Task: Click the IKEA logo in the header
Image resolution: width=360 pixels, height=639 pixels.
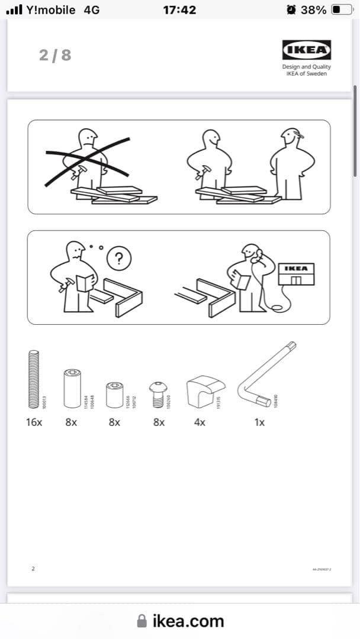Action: click(x=307, y=50)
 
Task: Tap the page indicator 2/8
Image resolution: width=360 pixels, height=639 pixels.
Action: click(x=55, y=55)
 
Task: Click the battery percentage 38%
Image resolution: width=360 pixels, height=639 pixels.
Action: click(x=314, y=9)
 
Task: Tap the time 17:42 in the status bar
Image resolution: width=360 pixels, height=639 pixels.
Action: click(x=179, y=9)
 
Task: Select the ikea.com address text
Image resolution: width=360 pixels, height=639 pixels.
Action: click(x=188, y=621)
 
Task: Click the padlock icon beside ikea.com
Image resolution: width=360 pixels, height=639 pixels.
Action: click(x=142, y=620)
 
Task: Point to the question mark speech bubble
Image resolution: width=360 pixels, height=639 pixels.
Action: click(x=121, y=258)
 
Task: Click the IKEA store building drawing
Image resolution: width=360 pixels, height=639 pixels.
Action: click(x=297, y=275)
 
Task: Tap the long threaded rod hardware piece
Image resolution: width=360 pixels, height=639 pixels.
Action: click(x=34, y=379)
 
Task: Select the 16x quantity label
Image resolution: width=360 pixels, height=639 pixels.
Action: click(x=34, y=422)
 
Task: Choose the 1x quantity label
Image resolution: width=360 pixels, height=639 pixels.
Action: click(x=259, y=422)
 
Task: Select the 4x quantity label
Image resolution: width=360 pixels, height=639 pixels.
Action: click(x=200, y=422)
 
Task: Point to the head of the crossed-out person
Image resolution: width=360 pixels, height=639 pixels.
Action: click(x=88, y=139)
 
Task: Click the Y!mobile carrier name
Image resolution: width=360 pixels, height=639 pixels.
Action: click(x=52, y=9)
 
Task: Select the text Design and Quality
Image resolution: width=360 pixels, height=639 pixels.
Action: click(x=307, y=67)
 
